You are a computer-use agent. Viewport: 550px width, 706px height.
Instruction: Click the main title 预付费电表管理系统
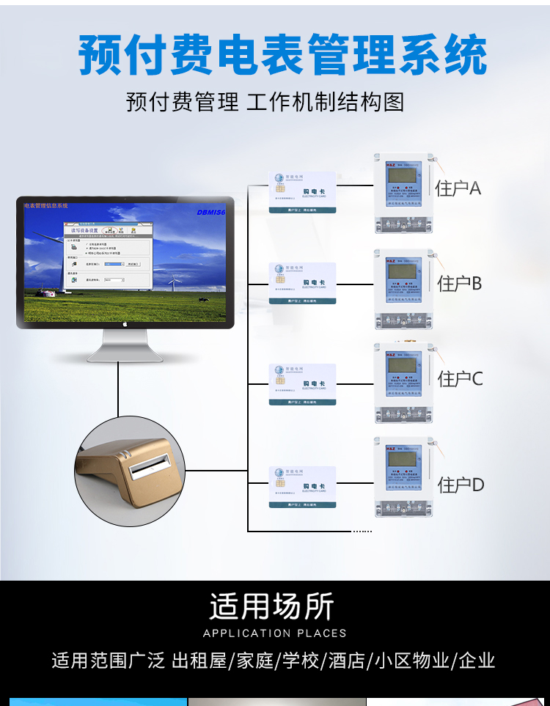282,55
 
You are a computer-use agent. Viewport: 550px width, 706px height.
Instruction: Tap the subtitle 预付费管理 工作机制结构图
265,101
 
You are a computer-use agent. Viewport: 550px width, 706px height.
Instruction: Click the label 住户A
458,188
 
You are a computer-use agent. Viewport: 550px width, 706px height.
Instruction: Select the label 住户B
460,283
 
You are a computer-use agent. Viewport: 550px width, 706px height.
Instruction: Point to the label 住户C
461,378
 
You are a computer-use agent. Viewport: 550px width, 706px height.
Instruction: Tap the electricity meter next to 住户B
403,289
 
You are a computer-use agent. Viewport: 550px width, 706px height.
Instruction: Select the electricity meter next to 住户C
403,383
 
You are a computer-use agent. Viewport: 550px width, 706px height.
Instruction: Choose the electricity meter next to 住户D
403,477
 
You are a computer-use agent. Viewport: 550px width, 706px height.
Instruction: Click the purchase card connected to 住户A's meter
302,192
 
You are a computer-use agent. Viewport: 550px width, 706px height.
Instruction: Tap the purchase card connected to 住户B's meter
302,283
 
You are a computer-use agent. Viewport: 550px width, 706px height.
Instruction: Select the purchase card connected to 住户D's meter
302,487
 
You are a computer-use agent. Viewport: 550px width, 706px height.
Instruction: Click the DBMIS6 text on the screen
211,213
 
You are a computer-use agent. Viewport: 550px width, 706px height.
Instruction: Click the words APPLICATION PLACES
274,633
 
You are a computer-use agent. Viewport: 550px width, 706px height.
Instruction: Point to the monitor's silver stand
125,347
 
